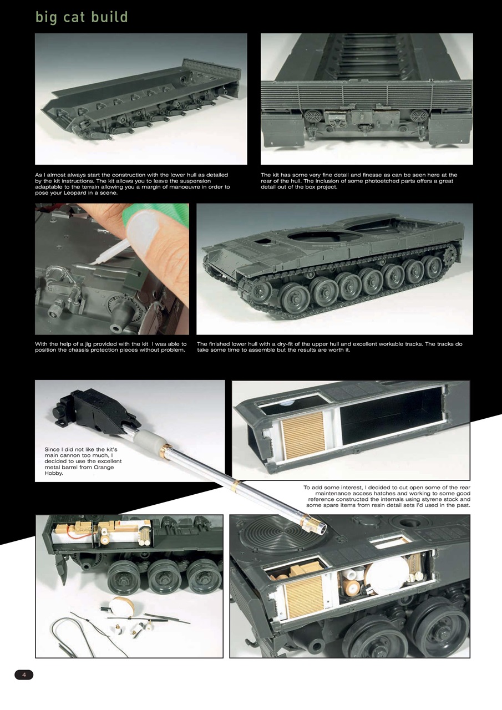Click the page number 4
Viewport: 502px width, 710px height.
(x=24, y=674)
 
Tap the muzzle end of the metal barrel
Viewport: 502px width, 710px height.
(x=316, y=524)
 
